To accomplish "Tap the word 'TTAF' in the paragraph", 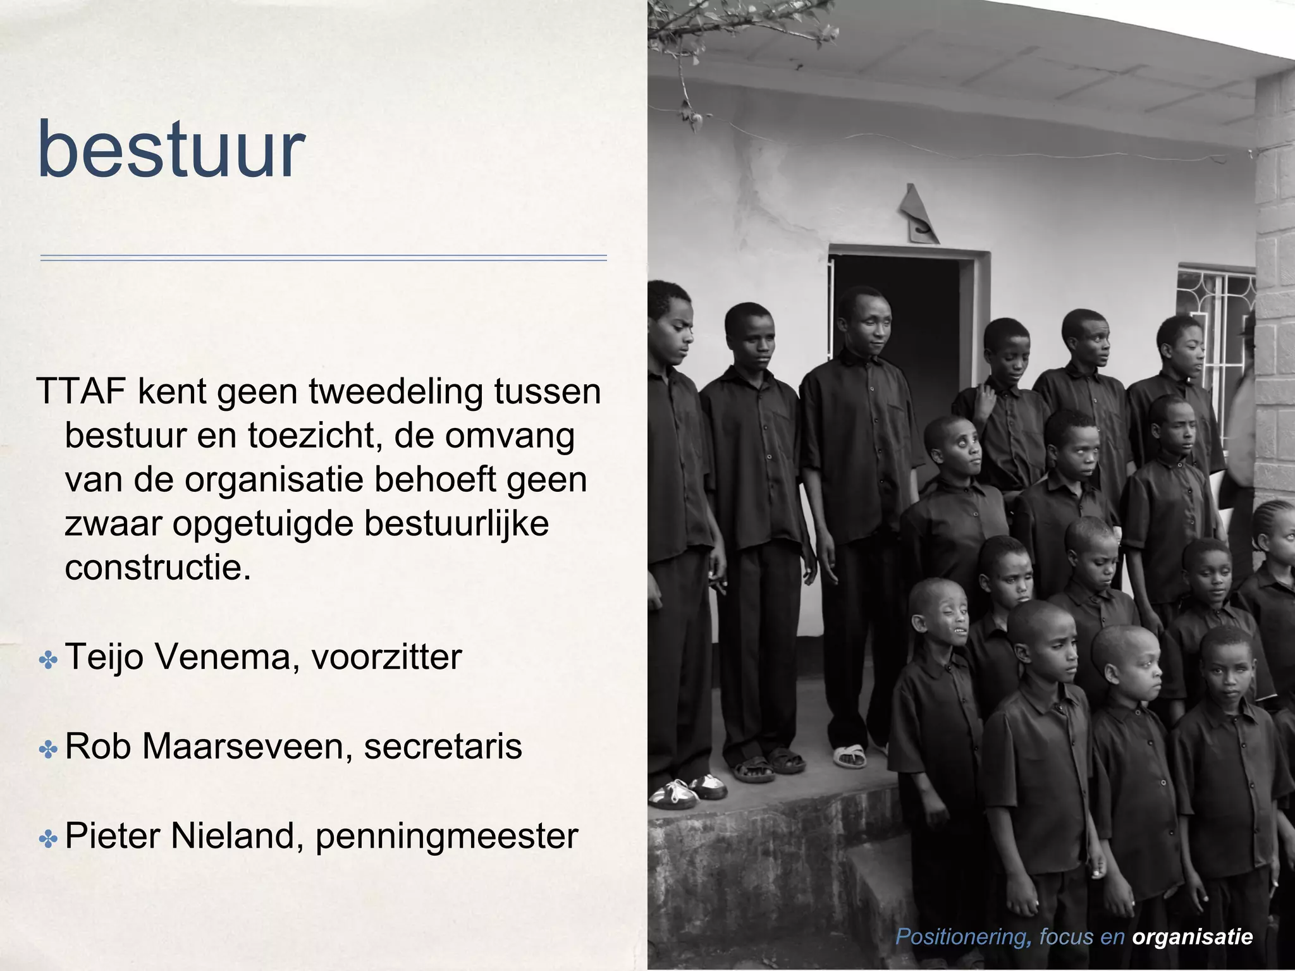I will [x=80, y=392].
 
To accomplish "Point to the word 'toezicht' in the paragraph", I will [x=313, y=436].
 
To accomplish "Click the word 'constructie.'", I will [x=158, y=568].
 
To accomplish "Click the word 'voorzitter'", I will [x=386, y=657].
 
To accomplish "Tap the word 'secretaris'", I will [x=443, y=746].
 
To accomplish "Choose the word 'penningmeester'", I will [x=446, y=836].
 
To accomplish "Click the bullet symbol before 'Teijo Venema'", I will [x=48, y=661].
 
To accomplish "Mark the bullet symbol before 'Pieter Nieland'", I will [x=48, y=840].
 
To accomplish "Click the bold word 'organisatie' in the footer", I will [x=1193, y=936].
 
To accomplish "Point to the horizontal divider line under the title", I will [x=323, y=258].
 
